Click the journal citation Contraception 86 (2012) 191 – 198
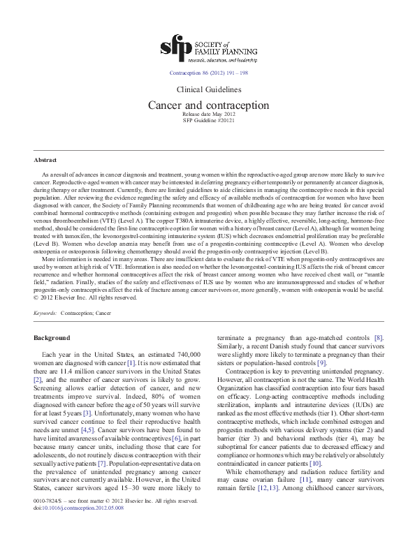pyautogui.click(x=209, y=73)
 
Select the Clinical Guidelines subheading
pyautogui.click(x=209, y=89)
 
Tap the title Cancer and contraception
pyautogui.click(x=208, y=105)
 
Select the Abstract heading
pyautogui.click(x=45, y=160)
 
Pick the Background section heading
pyautogui.click(x=52, y=338)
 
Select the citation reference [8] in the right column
pyautogui.click(x=378, y=338)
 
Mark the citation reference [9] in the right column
pyautogui.click(x=321, y=364)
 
